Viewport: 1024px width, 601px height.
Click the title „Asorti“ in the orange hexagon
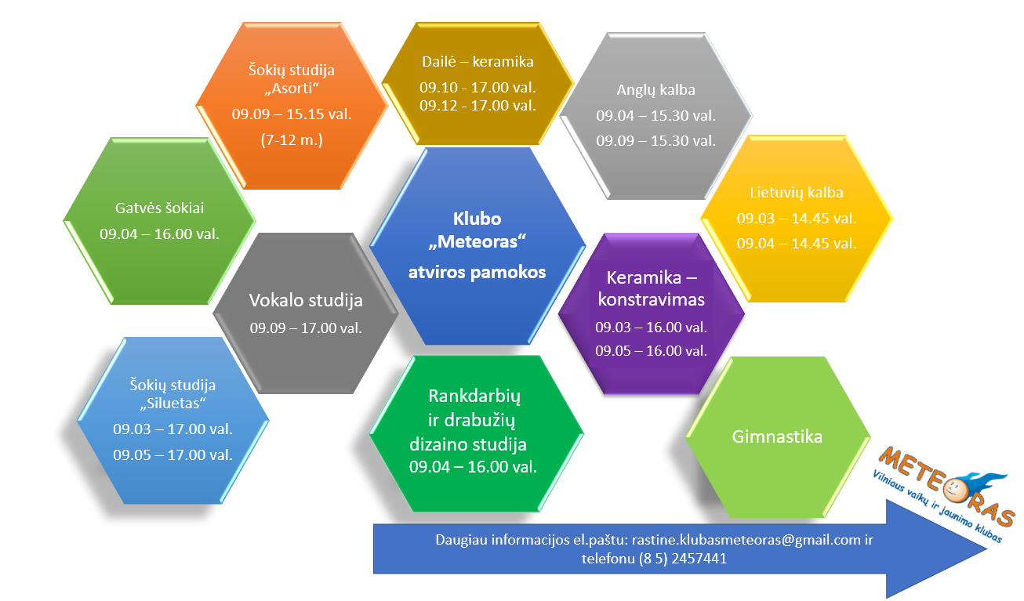point(292,88)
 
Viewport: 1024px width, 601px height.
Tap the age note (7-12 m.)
point(292,139)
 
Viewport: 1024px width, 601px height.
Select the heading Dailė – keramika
point(478,62)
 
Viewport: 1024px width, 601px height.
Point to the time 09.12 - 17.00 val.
point(478,106)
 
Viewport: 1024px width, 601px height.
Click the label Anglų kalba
point(656,90)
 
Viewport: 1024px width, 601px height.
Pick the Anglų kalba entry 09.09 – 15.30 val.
point(656,141)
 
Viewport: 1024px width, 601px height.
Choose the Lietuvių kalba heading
point(797,193)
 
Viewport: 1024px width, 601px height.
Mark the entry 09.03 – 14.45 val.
point(797,219)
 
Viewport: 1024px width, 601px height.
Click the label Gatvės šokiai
point(159,208)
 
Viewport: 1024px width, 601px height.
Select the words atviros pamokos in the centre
point(477,272)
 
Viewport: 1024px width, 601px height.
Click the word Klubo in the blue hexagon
point(477,219)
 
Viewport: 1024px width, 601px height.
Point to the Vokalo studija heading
point(306,301)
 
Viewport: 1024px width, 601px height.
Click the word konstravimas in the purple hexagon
point(652,299)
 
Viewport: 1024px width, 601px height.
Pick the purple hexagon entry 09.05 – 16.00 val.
point(651,351)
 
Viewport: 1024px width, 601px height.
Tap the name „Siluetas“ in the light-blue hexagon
point(172,404)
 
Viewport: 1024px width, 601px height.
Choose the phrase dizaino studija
point(468,444)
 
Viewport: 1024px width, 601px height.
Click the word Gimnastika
point(777,436)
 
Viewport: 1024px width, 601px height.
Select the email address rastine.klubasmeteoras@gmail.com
point(746,540)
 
